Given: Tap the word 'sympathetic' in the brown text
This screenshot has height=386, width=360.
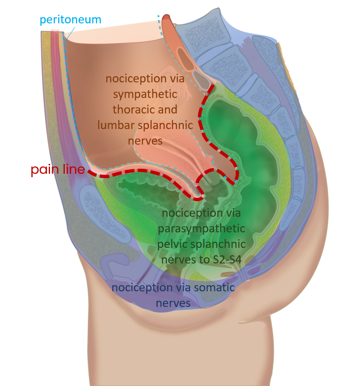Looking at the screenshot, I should tap(145, 94).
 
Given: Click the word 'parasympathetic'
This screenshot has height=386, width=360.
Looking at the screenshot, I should tap(201, 228).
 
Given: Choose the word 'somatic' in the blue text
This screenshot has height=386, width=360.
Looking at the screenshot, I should tap(214, 287).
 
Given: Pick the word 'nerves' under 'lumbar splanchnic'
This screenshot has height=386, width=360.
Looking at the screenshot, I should tap(145, 141).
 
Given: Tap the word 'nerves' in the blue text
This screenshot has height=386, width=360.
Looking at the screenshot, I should tap(173, 303).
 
